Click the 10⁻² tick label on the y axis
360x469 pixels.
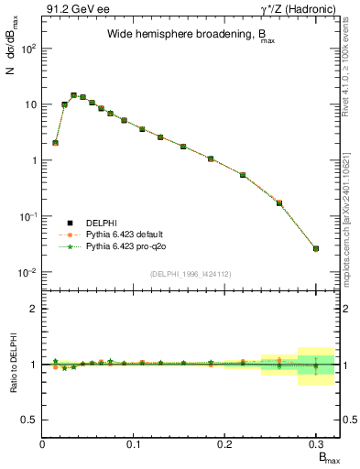pyautogui.click(x=27, y=273)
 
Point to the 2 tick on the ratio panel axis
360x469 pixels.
pyautogui.click(x=32, y=309)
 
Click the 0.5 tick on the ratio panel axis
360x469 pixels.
pyautogui.click(x=28, y=420)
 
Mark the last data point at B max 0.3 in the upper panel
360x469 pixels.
pyautogui.click(x=316, y=248)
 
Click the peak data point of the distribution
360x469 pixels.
pyautogui.click(x=73, y=94)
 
